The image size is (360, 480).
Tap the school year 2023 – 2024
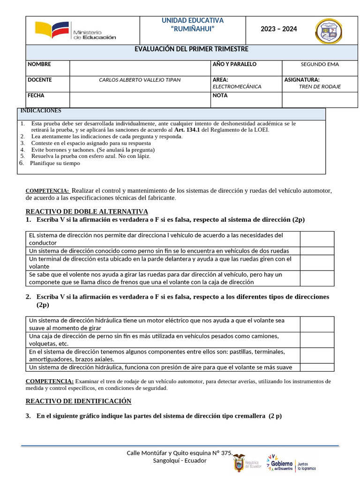279,29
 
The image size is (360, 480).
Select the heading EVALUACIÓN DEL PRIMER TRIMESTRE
192,49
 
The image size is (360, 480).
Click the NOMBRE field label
39,64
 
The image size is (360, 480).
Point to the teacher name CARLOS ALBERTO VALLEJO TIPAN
140,80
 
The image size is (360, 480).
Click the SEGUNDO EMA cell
320,65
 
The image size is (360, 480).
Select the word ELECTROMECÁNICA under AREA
237,87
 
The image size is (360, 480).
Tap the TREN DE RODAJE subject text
320,87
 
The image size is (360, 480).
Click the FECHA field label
36,96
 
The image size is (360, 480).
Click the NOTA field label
220,96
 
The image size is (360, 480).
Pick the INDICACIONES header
40,111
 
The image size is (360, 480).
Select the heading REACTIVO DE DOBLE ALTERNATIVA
87,211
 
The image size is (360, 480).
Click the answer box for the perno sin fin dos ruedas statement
317,251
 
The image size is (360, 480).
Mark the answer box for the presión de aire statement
317,367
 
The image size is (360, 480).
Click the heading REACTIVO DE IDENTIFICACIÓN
78,401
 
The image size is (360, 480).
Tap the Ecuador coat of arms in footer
240,463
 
